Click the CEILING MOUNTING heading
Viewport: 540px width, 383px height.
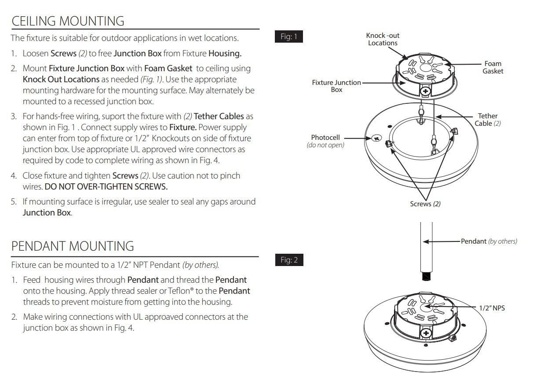click(68, 21)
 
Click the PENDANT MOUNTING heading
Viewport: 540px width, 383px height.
click(73, 246)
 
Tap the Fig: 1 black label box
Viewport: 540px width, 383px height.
click(289, 36)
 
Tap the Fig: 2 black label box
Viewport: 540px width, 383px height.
click(289, 260)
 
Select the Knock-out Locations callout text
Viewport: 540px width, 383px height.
click(383, 39)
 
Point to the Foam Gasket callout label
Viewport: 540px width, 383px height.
click(493, 67)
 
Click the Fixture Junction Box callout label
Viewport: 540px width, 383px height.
click(336, 86)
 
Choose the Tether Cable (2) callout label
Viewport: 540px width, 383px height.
click(488, 120)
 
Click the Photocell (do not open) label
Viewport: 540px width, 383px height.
click(325, 141)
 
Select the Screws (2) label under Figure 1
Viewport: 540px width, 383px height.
click(425, 204)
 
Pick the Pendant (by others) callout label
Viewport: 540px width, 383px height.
click(489, 241)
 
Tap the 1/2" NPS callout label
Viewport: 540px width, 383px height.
click(492, 308)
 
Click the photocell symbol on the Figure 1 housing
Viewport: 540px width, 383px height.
click(376, 139)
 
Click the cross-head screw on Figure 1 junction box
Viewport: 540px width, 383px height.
click(426, 91)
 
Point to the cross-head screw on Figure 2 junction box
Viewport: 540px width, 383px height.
click(426, 333)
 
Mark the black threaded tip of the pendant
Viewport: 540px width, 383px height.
click(426, 276)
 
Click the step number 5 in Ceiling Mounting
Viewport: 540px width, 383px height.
click(14, 201)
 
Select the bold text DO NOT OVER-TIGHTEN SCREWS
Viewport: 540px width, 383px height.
click(106, 187)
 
